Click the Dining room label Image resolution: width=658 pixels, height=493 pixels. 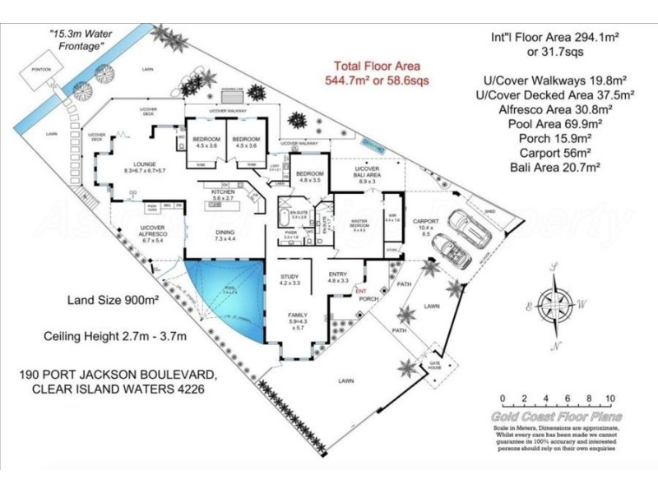click(225, 234)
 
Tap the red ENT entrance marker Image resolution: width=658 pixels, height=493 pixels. click(359, 290)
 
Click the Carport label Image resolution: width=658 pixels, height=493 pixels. click(425, 222)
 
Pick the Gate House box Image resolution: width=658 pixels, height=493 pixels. click(433, 364)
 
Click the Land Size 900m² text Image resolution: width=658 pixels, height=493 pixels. click(107, 300)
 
